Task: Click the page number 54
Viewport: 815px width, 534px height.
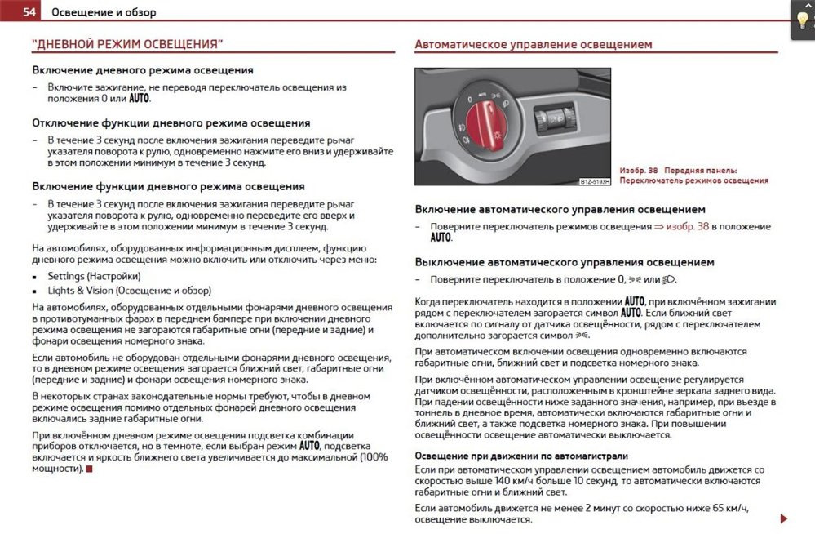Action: coord(29,12)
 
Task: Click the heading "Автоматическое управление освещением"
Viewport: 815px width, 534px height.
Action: coord(534,44)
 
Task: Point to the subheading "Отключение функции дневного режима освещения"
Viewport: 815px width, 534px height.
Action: coord(171,122)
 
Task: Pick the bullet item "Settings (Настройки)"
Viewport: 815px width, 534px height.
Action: coord(91,276)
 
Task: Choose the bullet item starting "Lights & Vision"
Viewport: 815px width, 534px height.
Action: coord(129,290)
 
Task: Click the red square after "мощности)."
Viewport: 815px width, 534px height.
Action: coord(90,469)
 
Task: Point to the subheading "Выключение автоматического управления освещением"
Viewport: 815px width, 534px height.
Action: coord(565,262)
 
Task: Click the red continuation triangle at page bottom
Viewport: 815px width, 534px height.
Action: coord(783,518)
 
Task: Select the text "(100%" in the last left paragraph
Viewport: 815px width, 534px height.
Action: coord(374,457)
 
